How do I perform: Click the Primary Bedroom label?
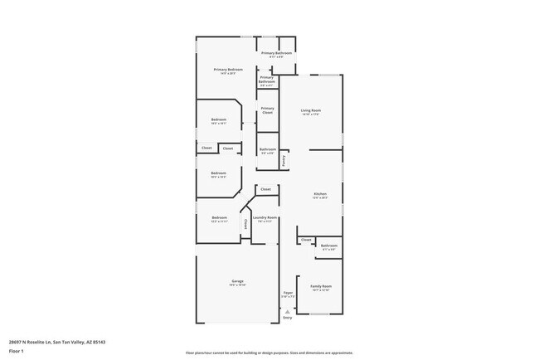click(227, 69)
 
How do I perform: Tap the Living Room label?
click(310, 110)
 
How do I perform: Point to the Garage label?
click(237, 281)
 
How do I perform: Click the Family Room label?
click(320, 286)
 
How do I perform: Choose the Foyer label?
click(288, 293)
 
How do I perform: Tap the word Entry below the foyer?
click(288, 318)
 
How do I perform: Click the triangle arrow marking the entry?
click(288, 312)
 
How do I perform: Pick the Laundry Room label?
click(265, 218)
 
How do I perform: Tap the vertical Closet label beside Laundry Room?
click(245, 222)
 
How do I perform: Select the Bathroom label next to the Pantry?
click(267, 149)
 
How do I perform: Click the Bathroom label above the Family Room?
click(329, 245)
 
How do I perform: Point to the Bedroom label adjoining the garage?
click(219, 218)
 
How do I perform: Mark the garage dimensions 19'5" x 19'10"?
click(237, 285)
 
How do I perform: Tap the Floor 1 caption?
click(17, 351)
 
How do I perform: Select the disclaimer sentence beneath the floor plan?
click(269, 353)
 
